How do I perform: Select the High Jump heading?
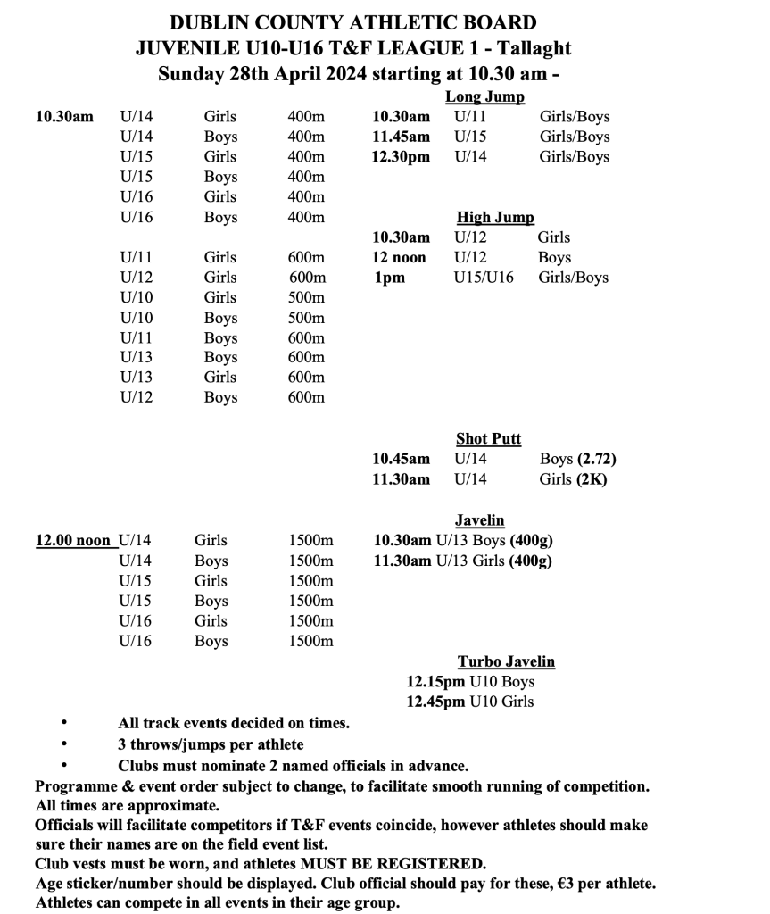point(495,217)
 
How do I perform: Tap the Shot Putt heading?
point(488,438)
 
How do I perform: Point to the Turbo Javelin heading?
point(506,661)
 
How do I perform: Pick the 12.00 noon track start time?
point(73,540)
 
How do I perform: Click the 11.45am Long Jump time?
point(401,137)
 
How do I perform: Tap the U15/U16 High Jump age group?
point(484,278)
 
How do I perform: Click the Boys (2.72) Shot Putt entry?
point(577,459)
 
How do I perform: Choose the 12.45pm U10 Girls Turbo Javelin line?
point(469,702)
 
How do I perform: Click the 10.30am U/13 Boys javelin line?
point(462,540)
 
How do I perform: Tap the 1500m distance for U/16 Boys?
point(310,641)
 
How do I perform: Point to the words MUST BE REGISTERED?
point(411,864)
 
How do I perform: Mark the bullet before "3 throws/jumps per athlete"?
point(64,744)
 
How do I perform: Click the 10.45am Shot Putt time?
point(401,459)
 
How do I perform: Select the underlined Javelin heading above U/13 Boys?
point(479,519)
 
